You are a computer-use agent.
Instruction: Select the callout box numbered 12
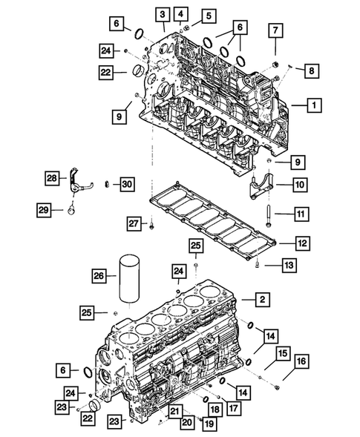click(x=301, y=243)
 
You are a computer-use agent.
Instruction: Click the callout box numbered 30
click(x=126, y=183)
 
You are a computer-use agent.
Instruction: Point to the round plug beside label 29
click(x=73, y=210)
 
